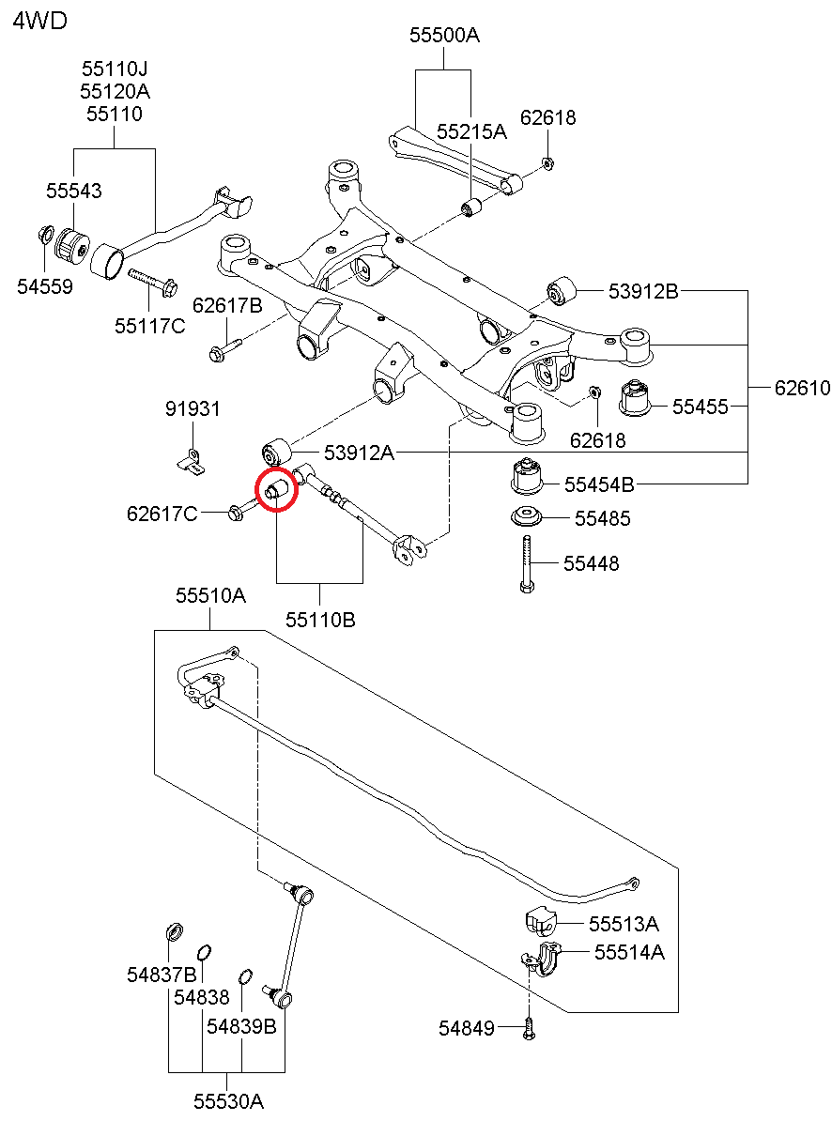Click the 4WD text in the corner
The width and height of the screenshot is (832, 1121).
(x=39, y=21)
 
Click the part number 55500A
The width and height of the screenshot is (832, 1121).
(x=444, y=36)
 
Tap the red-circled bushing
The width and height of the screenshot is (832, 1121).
(x=277, y=490)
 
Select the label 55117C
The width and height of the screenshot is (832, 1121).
(x=150, y=326)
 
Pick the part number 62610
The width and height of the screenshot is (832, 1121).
(x=802, y=387)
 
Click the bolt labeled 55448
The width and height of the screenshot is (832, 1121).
(x=526, y=563)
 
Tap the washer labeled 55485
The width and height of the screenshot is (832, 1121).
(x=526, y=517)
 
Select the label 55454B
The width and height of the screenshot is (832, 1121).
(x=599, y=484)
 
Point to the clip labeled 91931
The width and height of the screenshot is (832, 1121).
(x=190, y=460)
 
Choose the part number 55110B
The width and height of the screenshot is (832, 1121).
(x=320, y=620)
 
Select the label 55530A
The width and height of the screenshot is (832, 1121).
(x=229, y=1101)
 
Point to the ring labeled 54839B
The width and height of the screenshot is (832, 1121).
(x=245, y=977)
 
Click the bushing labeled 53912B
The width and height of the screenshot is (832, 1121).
(x=562, y=291)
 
